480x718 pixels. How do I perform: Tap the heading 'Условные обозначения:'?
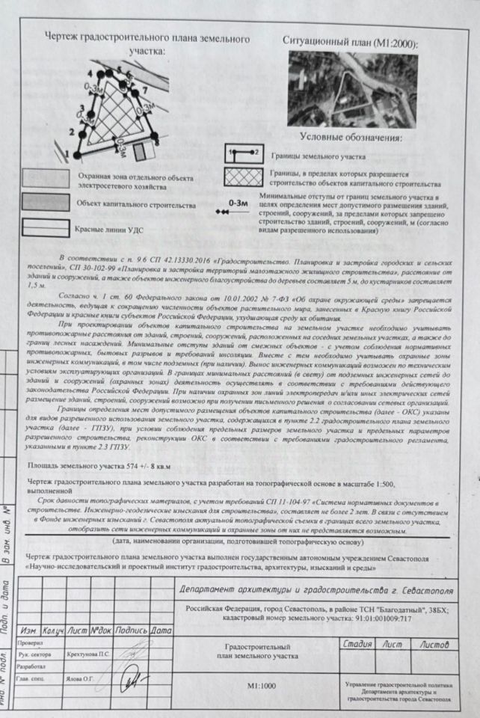point(351,138)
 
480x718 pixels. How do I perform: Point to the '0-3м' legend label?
point(238,202)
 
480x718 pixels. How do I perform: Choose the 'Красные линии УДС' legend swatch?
point(46,227)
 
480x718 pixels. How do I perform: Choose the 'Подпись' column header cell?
point(132,630)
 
